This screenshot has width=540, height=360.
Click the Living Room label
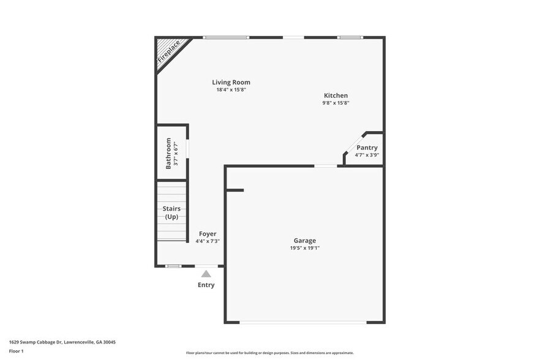click(x=231, y=83)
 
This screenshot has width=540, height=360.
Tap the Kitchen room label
click(x=336, y=96)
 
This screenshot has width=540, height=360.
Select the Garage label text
click(x=304, y=241)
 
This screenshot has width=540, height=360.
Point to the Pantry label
click(x=367, y=148)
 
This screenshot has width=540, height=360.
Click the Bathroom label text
click(x=168, y=154)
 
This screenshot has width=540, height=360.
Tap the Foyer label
click(x=208, y=234)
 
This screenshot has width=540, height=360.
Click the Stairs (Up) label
click(x=171, y=212)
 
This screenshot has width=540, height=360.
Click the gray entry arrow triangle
click(x=206, y=274)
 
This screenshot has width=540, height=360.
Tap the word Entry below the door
click(x=206, y=285)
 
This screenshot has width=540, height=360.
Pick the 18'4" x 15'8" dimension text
click(x=231, y=90)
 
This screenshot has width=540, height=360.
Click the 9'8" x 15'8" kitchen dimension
click(x=336, y=103)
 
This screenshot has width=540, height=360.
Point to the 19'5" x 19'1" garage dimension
click(x=304, y=248)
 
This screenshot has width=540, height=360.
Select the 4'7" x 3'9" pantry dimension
click(x=367, y=155)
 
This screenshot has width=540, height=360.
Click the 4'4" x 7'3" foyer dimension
click(x=208, y=241)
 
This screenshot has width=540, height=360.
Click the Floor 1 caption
click(x=16, y=351)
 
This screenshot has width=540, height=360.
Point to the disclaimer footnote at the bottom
click(x=269, y=353)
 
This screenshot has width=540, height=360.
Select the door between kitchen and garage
click(x=326, y=165)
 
